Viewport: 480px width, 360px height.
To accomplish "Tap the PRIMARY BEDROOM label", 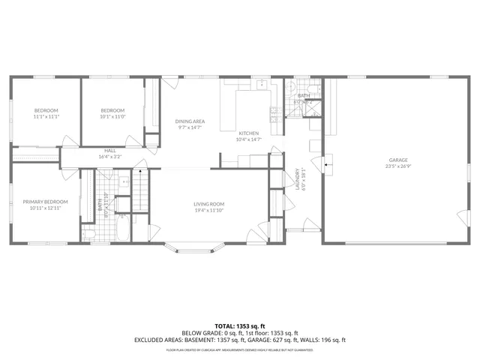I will point(45,201).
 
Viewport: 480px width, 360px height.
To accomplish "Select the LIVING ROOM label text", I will point(209,204).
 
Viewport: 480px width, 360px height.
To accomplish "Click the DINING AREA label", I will point(190,121).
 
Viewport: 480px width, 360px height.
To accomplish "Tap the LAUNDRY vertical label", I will point(297,180).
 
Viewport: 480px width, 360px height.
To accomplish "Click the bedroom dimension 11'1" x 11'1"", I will point(45,116).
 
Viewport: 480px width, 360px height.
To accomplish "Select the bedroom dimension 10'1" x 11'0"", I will point(112,116).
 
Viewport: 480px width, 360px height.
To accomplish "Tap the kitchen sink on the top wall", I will point(260,84).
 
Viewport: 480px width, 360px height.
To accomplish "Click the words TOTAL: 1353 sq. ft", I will point(240,326).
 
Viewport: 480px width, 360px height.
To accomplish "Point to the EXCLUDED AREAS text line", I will point(240,340).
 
